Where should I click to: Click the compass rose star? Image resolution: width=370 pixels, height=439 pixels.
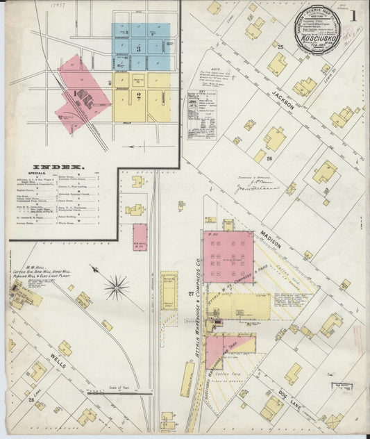pos(116,286)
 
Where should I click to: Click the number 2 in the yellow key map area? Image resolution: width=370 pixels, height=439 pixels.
pos(140,97)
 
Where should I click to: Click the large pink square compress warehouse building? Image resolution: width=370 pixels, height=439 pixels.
pos(228,257)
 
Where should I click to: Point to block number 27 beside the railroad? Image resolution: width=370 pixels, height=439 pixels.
pos(190,295)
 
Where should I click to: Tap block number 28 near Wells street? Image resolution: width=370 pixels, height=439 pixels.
pos(31,400)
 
